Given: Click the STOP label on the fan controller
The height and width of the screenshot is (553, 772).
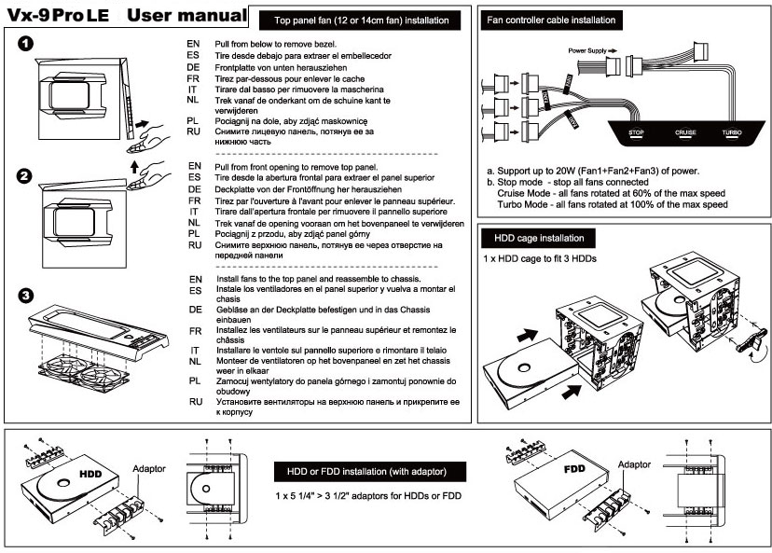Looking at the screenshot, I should pos(636,133).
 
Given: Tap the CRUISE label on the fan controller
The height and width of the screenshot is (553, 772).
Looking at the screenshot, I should pos(685,133).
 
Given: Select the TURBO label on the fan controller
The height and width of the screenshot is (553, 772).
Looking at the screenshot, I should pos(732,133).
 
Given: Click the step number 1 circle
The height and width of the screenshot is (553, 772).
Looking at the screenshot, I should pos(26,43).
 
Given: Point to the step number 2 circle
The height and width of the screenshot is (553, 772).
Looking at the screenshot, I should pos(26,174).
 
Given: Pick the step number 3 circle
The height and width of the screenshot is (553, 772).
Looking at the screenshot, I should pos(26,296).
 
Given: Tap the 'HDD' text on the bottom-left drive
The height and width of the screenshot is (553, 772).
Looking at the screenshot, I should pos(90,473).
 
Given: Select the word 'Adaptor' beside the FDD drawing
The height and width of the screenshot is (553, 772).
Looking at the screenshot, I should pos(636,463).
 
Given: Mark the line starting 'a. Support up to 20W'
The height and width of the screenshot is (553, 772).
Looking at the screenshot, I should pos(590,172).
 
